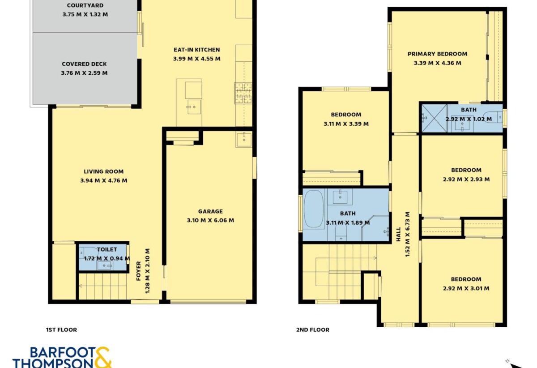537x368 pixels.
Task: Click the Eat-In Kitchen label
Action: pos(196,50)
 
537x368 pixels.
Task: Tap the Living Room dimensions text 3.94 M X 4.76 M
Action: pos(103,180)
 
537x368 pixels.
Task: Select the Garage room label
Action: pos(210,211)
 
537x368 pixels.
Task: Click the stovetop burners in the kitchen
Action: pos(243,93)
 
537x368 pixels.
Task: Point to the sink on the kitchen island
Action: pos(194,107)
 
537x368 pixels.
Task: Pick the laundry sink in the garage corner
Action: pos(244,139)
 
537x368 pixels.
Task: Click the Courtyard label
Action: pos(85,5)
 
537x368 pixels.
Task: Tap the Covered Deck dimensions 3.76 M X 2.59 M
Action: pos(84,73)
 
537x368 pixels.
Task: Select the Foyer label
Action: pos(139,271)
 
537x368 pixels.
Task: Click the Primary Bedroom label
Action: pos(438,54)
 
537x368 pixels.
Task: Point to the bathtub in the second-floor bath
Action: pos(314,209)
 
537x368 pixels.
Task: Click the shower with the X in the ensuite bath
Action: pos(434,118)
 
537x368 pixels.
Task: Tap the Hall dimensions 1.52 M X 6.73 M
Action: pos(407,234)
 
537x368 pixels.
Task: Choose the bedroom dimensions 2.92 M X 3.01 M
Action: pos(466,288)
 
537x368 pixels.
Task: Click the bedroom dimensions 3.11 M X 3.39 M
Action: pos(346,124)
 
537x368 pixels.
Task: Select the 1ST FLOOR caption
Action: pos(61,330)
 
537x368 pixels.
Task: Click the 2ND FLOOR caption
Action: pos(313,330)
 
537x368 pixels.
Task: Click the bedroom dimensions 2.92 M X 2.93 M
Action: pos(466,180)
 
